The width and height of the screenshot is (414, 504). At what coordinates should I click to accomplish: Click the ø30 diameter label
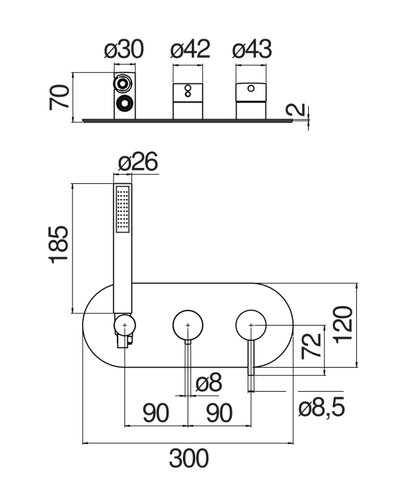124,50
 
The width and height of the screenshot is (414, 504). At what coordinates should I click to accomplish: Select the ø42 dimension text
190,50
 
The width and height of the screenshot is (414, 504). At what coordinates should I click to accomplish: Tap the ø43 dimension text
252,50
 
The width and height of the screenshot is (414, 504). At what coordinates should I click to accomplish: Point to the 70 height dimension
59,97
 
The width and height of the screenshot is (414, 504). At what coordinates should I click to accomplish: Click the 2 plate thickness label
296,109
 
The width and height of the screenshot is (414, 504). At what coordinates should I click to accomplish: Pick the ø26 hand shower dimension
138,162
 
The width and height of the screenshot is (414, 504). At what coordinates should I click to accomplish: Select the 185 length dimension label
58,245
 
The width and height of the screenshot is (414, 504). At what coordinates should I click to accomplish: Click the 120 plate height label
343,325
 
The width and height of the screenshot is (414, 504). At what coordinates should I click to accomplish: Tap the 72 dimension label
312,346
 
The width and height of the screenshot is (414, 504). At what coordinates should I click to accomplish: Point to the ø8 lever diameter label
208,383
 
